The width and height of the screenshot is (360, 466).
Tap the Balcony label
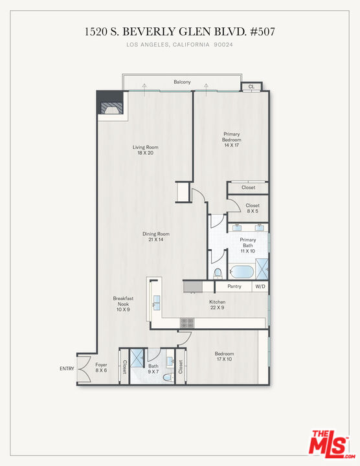click(x=182, y=82)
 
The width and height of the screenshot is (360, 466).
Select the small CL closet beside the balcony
click(x=251, y=86)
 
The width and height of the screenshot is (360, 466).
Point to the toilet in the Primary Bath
click(x=218, y=272)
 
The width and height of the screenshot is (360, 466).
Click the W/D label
click(x=260, y=286)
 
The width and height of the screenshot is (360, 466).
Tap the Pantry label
click(x=234, y=286)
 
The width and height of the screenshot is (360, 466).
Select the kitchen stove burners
click(x=187, y=321)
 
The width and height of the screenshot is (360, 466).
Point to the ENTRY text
click(x=67, y=369)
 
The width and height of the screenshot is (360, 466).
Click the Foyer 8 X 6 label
click(x=102, y=368)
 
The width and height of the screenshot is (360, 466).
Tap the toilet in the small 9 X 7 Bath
click(x=167, y=377)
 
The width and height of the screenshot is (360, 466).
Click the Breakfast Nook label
click(x=123, y=304)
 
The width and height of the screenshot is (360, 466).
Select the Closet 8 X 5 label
click(x=253, y=208)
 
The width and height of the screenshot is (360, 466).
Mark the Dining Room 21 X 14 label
click(x=156, y=236)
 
